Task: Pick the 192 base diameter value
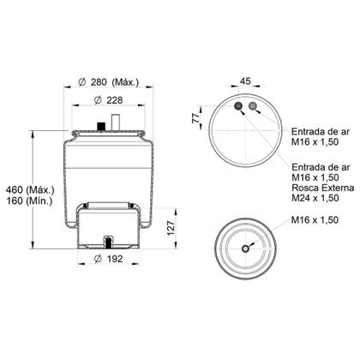114,258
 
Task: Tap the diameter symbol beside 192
96,258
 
